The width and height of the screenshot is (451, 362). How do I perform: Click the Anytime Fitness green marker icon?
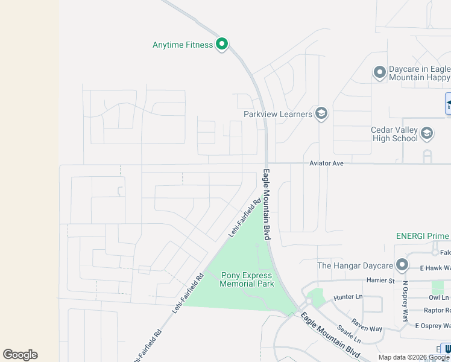(x=222, y=43)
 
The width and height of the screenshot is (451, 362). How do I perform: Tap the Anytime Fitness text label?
(x=183, y=45)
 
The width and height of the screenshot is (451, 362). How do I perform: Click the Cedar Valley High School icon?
(x=427, y=133)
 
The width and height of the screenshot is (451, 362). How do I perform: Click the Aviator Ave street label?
(x=326, y=164)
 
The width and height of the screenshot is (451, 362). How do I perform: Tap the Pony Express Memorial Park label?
(x=248, y=279)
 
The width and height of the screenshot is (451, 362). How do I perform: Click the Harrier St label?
(x=380, y=281)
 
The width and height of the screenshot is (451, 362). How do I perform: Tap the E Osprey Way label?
(x=433, y=326)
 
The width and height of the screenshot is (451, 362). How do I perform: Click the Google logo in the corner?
(x=20, y=355)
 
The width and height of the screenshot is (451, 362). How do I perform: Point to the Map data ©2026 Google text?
(x=414, y=357)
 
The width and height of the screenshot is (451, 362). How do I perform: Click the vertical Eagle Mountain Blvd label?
(x=266, y=205)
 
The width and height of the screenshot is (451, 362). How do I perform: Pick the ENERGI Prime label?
(x=422, y=236)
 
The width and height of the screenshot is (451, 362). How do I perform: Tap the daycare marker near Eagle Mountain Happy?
(x=380, y=73)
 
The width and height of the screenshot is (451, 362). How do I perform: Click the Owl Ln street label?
(x=438, y=297)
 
